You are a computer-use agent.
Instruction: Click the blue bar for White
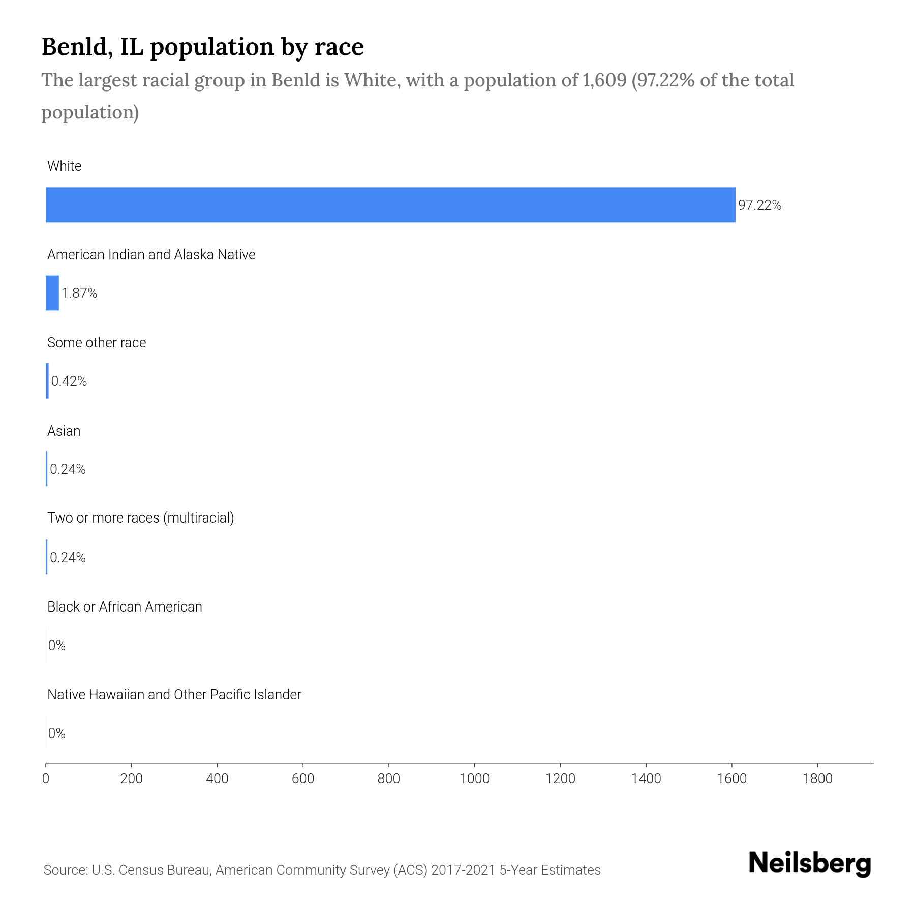390,205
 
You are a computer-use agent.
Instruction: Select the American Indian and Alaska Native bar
52,293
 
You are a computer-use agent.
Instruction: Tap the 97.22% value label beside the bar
759,205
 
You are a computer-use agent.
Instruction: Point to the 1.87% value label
79,293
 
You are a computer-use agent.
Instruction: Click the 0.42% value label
69,381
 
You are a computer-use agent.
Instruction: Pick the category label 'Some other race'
97,343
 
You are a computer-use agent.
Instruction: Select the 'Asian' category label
64,431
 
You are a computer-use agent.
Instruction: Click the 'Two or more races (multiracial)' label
140,518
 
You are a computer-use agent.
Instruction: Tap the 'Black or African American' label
125,607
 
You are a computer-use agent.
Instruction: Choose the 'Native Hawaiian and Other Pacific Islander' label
174,695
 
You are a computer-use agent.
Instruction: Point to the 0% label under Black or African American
57,646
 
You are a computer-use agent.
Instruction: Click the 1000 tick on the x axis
474,779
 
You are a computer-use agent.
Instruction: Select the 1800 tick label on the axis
817,779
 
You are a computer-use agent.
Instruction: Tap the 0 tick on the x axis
46,779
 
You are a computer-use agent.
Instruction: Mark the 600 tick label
303,779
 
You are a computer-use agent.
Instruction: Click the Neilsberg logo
810,864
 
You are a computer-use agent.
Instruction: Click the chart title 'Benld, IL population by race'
202,47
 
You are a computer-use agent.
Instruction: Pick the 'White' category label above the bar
64,166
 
